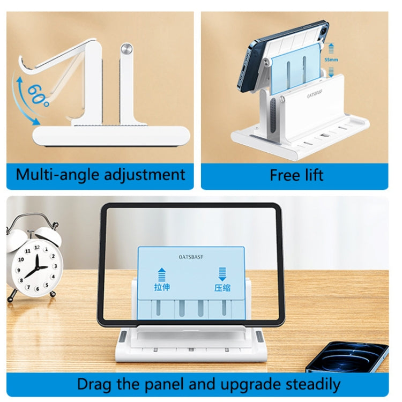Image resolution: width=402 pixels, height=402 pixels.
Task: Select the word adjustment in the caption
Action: (146, 174)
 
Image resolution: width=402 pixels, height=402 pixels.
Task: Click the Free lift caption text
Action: (296, 175)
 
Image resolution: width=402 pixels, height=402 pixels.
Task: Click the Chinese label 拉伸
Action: (162, 287)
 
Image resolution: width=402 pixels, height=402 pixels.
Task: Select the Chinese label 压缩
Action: (222, 287)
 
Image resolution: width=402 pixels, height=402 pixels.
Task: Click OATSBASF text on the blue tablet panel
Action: (191, 257)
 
